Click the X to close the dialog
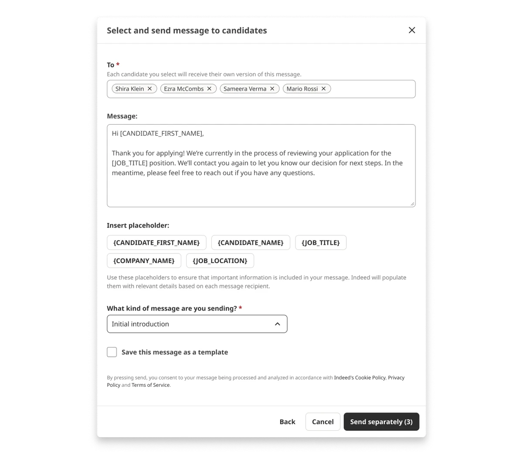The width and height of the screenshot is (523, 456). click(411, 30)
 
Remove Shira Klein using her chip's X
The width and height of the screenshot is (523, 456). click(149, 88)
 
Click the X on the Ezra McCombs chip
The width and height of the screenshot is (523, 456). click(209, 88)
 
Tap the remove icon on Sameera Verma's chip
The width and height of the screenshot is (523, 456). click(272, 88)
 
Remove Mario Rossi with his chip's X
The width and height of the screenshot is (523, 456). click(323, 88)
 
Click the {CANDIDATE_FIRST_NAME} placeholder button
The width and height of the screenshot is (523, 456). click(156, 243)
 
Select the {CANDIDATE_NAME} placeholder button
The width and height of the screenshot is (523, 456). click(251, 243)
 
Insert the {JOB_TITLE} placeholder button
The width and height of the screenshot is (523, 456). click(321, 243)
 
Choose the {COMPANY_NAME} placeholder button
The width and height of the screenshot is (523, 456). click(144, 261)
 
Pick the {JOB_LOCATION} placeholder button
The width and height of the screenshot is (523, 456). click(220, 261)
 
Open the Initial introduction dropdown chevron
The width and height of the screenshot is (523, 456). click(277, 324)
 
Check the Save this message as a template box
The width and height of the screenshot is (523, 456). click(112, 352)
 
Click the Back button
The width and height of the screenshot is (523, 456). click(287, 422)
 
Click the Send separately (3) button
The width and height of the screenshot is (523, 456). click(381, 422)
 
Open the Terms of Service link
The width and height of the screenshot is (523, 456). click(151, 385)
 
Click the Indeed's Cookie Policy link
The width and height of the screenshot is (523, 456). click(360, 378)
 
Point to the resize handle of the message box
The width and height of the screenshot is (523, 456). click(412, 204)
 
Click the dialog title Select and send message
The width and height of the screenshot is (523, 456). click(187, 30)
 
